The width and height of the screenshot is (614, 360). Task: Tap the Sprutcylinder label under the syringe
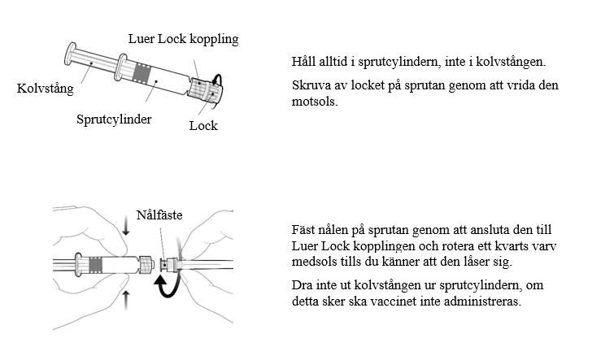click(x=114, y=119)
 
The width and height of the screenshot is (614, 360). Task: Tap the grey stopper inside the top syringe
click(x=144, y=75)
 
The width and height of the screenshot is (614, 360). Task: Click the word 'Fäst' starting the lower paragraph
click(x=302, y=230)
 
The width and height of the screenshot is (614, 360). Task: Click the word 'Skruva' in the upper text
click(x=310, y=85)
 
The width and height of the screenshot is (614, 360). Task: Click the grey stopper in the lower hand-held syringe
click(x=97, y=264)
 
